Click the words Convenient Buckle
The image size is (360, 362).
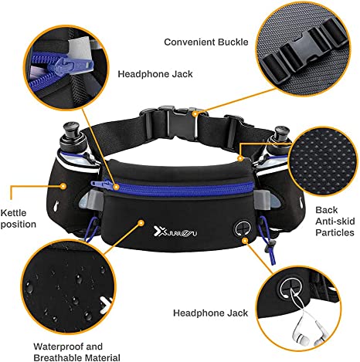click(x=206, y=42)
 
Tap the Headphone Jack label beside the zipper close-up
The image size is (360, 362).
click(x=155, y=74)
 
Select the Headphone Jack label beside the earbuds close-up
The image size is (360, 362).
click(x=210, y=313)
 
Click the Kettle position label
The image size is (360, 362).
click(x=18, y=218)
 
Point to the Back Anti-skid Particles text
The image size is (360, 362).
click(x=335, y=222)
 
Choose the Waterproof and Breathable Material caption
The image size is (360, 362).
click(x=76, y=352)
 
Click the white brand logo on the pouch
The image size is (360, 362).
click(x=175, y=232)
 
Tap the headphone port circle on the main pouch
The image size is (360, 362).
click(x=242, y=228)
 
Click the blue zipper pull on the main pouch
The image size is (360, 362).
click(x=102, y=184)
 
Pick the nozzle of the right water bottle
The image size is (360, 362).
click(x=281, y=132)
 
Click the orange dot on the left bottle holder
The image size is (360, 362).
click(x=63, y=186)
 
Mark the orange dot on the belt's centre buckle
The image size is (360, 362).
click(x=195, y=114)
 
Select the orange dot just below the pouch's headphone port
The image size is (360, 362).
click(x=245, y=241)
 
